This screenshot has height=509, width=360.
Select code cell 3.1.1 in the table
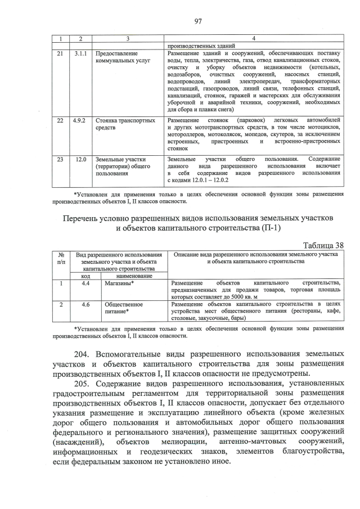(81, 53)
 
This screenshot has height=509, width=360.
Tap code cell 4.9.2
(81, 120)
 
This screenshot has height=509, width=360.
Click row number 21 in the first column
(61, 53)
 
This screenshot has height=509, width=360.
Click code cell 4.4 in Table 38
(85, 283)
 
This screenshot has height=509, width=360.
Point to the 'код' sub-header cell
(85, 276)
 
